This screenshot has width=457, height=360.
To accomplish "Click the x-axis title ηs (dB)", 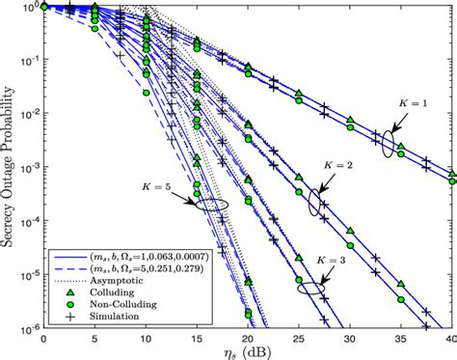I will [247, 350].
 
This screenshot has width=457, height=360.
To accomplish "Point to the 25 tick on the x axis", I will [299, 329].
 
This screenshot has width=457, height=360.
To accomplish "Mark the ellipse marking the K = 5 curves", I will [212, 205].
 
